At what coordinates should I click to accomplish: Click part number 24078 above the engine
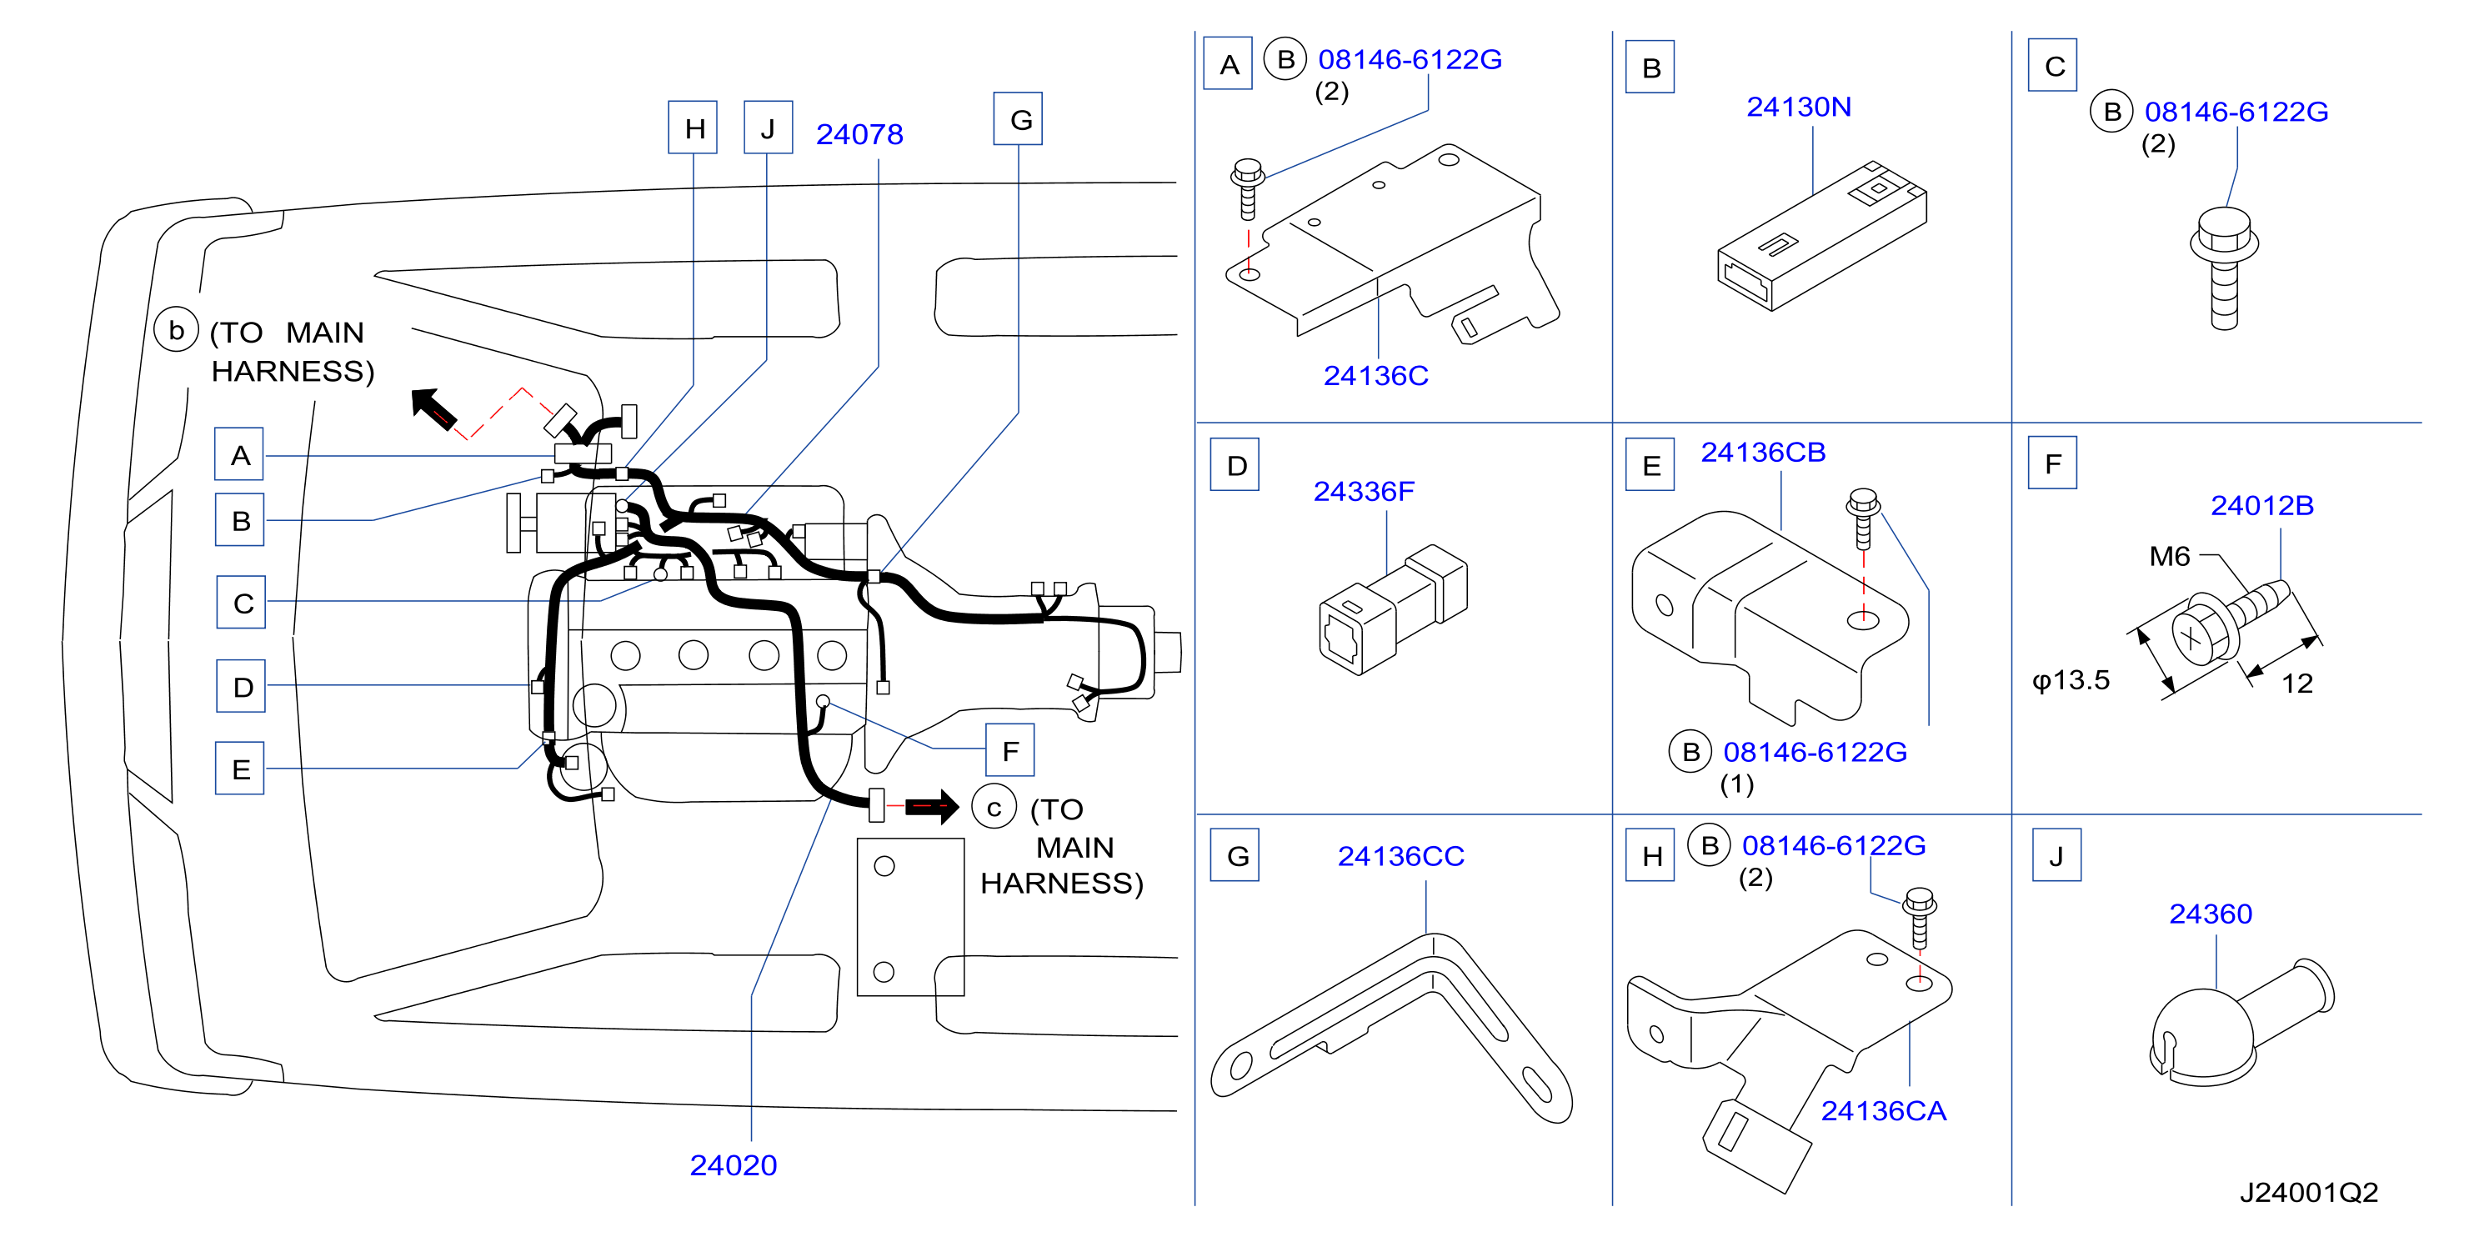[859, 134]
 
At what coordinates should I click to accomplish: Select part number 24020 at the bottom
[733, 1164]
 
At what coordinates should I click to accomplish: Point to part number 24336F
[1364, 491]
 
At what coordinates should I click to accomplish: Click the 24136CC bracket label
[1400, 855]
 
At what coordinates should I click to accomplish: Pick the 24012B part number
[2261, 505]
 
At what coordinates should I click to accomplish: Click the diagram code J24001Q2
[2308, 1193]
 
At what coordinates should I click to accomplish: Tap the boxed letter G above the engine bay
[1019, 118]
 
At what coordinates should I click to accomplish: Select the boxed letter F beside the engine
[1009, 750]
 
